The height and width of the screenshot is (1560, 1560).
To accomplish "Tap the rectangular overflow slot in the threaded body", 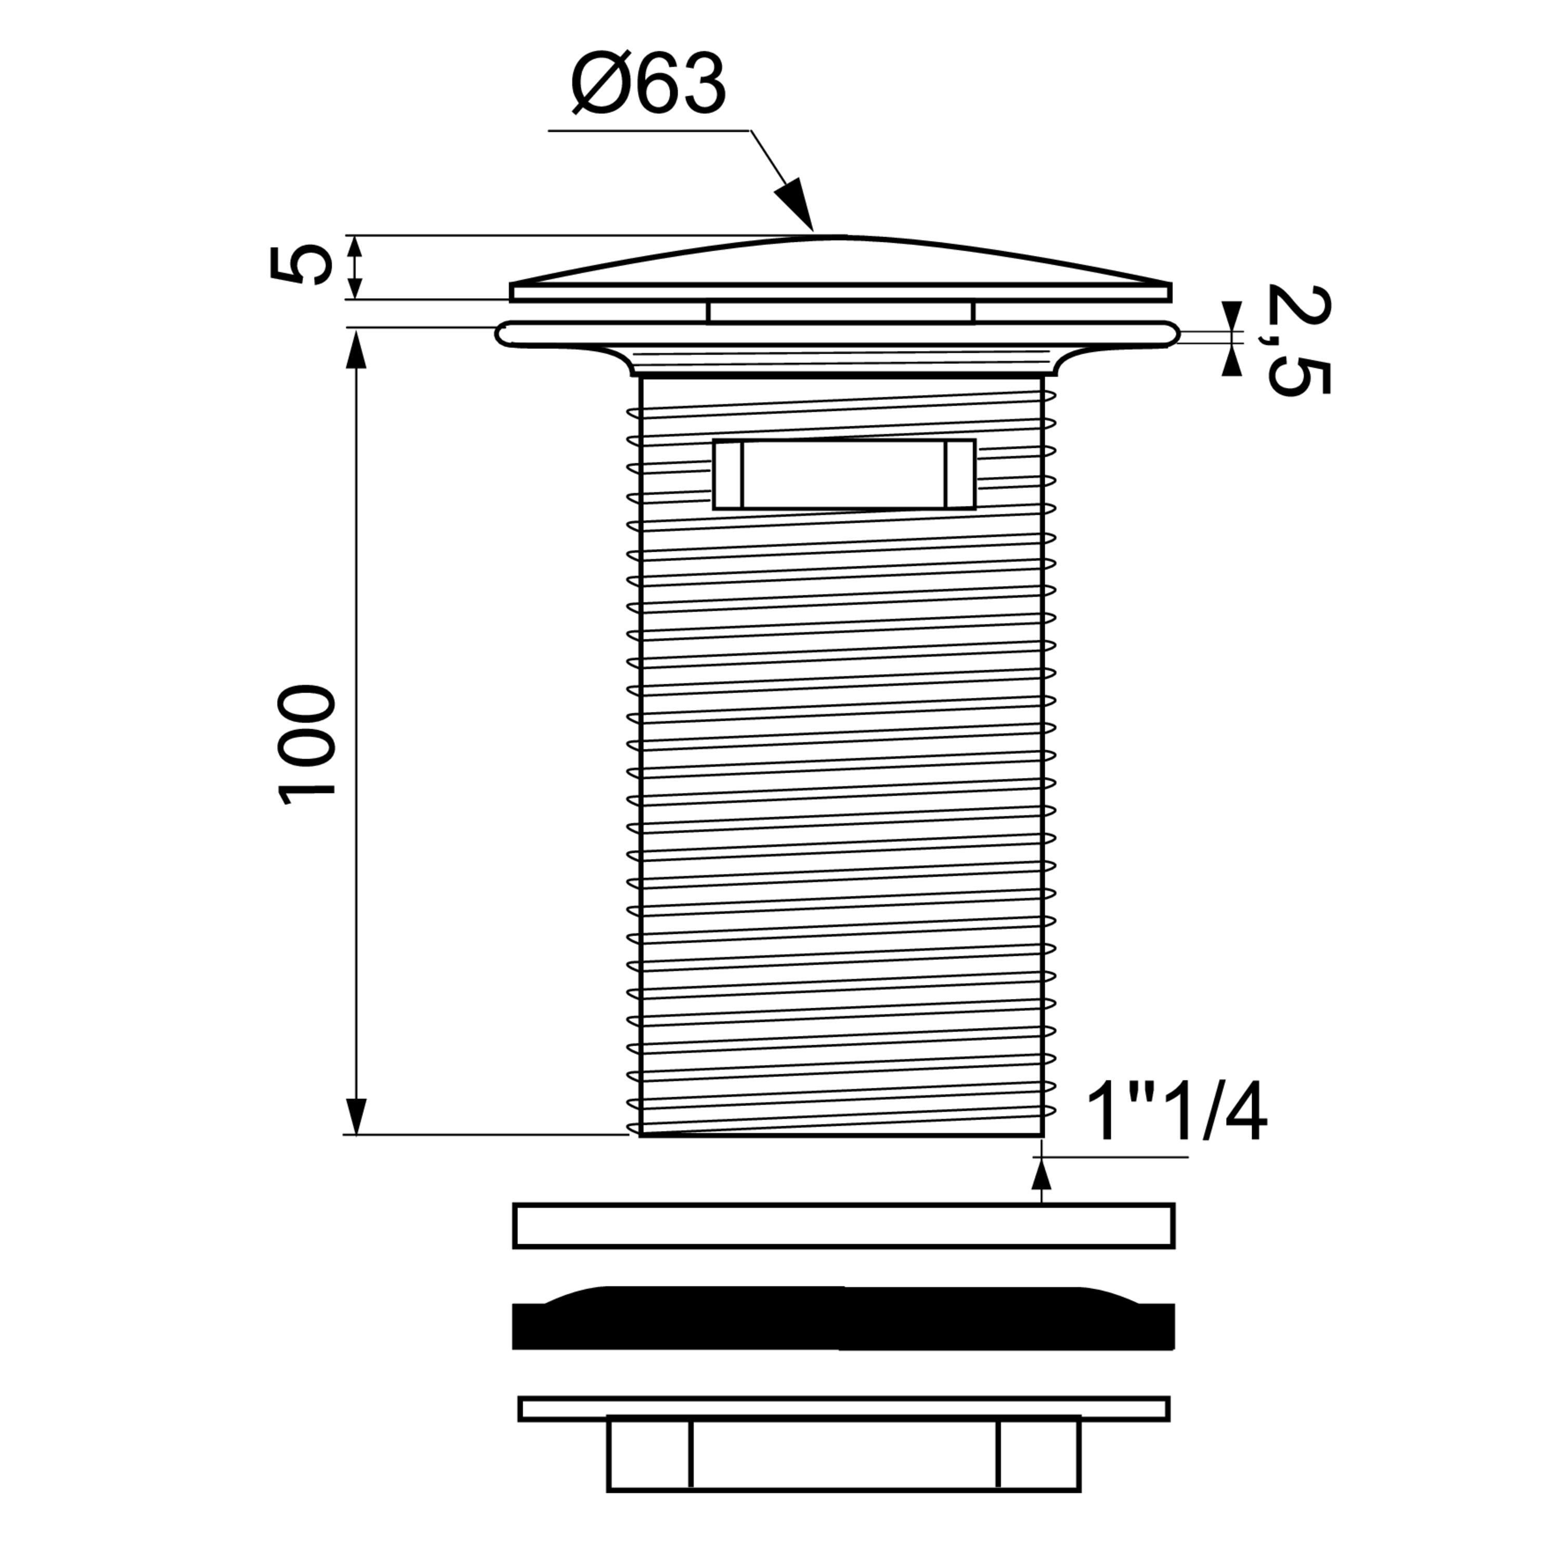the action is click(x=844, y=475).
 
